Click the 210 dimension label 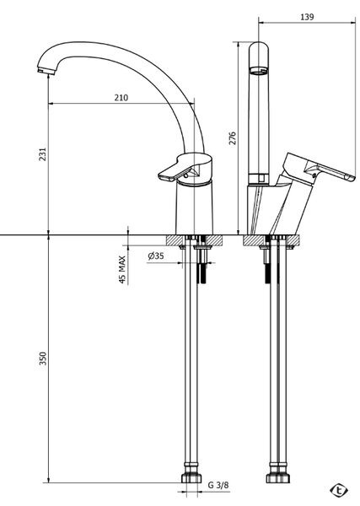121,98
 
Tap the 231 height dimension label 43,154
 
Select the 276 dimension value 233,137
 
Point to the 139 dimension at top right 307,17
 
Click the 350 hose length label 43,358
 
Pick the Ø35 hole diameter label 156,256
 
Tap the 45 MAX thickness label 122,270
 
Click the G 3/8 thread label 218,485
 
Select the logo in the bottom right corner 339,491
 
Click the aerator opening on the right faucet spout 259,71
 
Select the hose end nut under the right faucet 277,477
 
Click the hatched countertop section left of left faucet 175,240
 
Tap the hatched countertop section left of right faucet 254,240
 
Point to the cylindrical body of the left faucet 195,208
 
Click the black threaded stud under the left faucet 203,273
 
